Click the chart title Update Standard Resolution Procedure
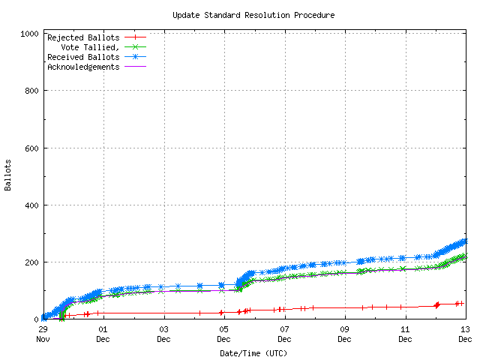[x=253, y=15]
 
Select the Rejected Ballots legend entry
[x=82, y=37]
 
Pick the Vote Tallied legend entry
[x=90, y=46]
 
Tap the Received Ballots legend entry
[x=82, y=57]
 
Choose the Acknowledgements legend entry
[x=82, y=67]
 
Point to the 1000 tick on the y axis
[x=31, y=34]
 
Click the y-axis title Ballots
[x=8, y=174]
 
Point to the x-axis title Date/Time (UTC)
[x=253, y=352]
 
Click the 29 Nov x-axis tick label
[x=43, y=334]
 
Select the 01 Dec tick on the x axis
[x=103, y=334]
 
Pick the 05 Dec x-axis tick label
[x=224, y=334]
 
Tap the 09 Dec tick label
[x=345, y=334]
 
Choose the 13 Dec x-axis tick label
[x=465, y=334]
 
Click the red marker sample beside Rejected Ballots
[x=136, y=37]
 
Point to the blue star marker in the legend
[x=136, y=57]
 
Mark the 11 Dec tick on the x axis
[x=405, y=334]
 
